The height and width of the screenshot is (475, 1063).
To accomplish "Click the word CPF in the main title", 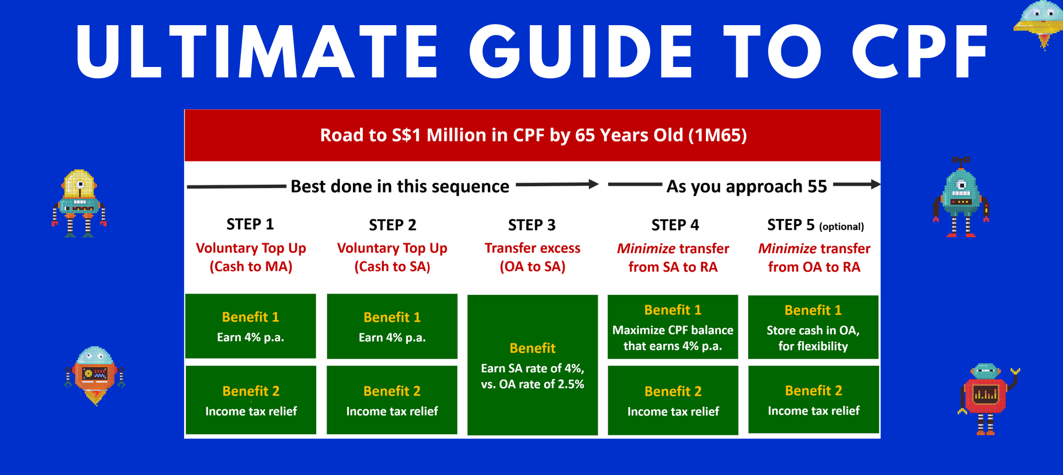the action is coord(919,51).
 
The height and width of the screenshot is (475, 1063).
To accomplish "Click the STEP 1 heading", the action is coord(250,224).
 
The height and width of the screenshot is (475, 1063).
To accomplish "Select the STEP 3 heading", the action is coord(532,225).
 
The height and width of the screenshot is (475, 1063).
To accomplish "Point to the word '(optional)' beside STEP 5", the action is coord(841,227).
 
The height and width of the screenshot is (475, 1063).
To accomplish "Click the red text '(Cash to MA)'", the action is coord(251,266).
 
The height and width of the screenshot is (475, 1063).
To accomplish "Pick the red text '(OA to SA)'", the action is coord(533,266).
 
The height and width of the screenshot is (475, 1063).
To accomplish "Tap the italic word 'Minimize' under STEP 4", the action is coord(646,248).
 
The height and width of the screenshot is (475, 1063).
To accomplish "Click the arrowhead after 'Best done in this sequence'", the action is coord(594,184).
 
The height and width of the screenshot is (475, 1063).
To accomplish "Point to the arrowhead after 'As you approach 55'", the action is coord(876,184).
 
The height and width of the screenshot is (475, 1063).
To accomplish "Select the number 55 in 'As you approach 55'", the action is coord(817,186).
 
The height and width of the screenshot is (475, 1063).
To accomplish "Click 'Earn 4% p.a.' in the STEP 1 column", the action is coord(251,337).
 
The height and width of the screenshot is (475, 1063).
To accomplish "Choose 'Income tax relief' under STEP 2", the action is coord(392,411).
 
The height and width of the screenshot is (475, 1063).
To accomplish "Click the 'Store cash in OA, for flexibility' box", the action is coord(813,327).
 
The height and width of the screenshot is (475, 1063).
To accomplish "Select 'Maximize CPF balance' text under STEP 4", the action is coord(673,330).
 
